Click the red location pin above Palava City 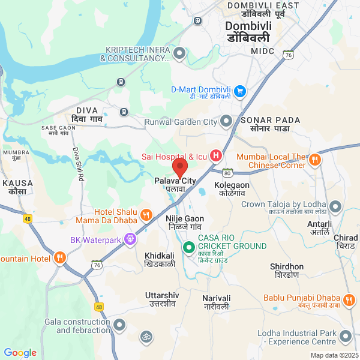tap(180, 166)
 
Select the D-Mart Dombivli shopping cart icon tap(240, 91)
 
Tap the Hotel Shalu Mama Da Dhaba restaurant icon tap(145, 215)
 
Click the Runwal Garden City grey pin tap(226, 122)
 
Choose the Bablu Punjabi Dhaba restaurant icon tap(350, 298)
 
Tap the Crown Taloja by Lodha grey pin tap(335, 207)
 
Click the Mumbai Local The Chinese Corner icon tap(316, 160)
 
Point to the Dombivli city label tap(248, 26)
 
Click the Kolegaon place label tap(232, 185)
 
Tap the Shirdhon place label tap(287, 266)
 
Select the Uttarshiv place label tap(162, 296)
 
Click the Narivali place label tap(216, 298)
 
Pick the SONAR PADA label tap(265, 121)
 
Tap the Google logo tap(20, 353)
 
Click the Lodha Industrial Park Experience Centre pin tap(345, 337)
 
